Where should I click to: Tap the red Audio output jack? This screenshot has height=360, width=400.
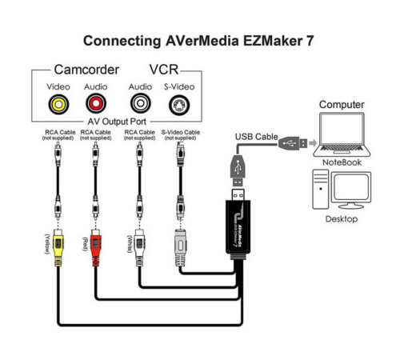point(94,103)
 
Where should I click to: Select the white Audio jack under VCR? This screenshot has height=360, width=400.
point(139,103)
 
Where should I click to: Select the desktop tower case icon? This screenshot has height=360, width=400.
point(321,192)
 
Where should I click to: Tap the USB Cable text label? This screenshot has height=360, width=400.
point(256,137)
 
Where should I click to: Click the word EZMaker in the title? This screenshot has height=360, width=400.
point(264,39)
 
